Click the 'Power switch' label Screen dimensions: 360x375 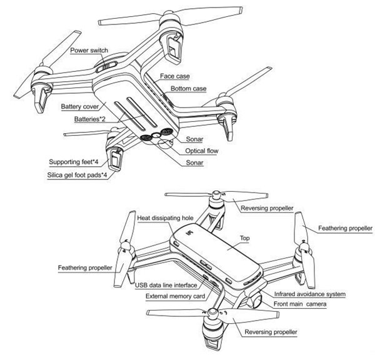tap(88, 51)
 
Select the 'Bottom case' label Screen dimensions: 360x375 tap(189, 89)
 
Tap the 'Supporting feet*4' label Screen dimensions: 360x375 tap(77, 162)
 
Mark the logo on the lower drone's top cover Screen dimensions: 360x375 tap(189, 236)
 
